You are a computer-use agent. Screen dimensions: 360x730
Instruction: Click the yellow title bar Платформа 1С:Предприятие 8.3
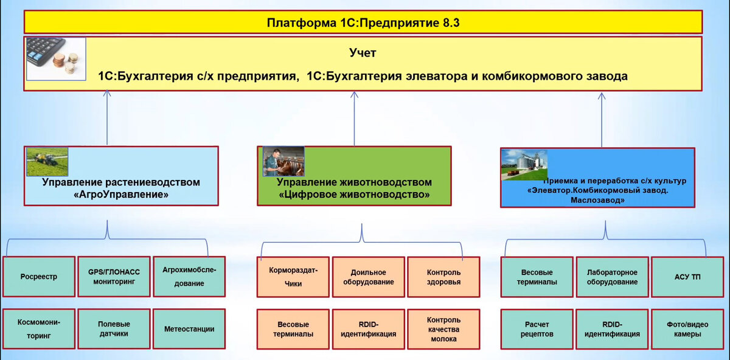[363, 22]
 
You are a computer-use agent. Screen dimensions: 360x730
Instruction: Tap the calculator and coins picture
[56, 56]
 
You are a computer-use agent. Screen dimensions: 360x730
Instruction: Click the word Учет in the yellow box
[363, 54]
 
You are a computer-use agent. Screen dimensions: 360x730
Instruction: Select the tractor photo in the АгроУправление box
[47, 161]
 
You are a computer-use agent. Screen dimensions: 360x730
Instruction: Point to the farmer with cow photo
[283, 161]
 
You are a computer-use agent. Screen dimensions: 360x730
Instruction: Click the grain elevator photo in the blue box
[524, 165]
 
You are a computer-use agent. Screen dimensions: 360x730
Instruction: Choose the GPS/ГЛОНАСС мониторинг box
[114, 277]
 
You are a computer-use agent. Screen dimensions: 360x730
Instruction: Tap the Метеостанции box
[189, 329]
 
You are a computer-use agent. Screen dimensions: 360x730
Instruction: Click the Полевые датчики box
[114, 329]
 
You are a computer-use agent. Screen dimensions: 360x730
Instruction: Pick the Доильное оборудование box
[369, 277]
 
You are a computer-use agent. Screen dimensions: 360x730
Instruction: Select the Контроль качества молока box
[443, 329]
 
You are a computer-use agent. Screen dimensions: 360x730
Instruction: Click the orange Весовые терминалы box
[293, 329]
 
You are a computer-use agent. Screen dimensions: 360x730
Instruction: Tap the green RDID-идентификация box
[612, 329]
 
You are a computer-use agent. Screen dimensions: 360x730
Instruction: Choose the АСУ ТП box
[687, 277]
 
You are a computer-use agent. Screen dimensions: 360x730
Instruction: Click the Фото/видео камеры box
[687, 329]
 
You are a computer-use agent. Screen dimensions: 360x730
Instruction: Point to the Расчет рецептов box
[537, 329]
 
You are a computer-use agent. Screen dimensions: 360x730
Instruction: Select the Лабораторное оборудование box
[612, 277]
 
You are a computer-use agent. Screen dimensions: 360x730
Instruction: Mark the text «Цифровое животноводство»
[354, 195]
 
